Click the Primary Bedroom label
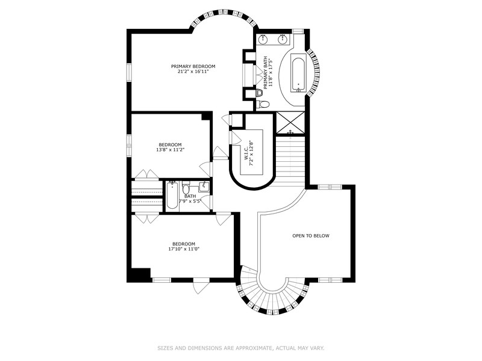click(193, 66)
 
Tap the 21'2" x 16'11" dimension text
click(193, 72)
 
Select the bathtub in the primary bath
click(298, 73)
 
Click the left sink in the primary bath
click(263, 39)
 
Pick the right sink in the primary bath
click(283, 39)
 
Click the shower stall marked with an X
click(290, 123)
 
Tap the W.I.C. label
click(246, 154)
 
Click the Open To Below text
click(311, 236)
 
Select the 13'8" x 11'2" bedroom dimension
click(171, 150)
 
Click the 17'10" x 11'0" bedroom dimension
click(184, 249)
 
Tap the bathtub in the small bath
click(172, 196)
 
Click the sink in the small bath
click(204, 187)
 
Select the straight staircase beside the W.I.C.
click(290, 161)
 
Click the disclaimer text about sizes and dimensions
click(241, 348)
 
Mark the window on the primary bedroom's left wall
click(129, 73)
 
